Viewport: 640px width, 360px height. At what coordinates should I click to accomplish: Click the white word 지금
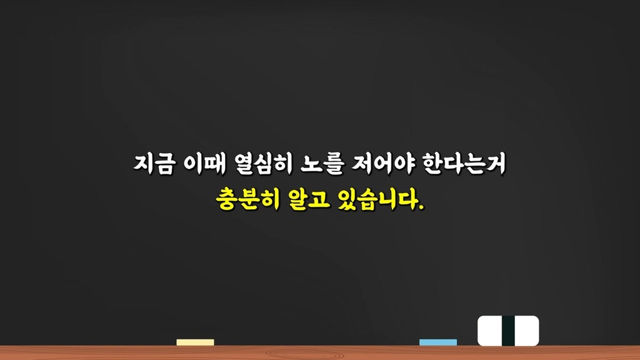point(155,164)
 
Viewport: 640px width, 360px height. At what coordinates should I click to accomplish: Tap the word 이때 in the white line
point(204,164)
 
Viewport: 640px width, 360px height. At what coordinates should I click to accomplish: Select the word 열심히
point(264,164)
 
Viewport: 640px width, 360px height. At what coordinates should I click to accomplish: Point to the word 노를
point(322,164)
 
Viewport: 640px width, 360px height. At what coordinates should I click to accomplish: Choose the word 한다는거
point(464,164)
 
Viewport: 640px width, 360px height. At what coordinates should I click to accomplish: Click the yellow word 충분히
point(248,199)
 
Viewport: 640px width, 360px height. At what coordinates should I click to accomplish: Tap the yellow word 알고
point(309,199)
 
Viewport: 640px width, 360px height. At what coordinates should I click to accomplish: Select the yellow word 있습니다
point(378,199)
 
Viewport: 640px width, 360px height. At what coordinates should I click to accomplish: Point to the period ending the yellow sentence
point(422,207)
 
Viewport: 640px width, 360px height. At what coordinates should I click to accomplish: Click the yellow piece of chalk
point(195,342)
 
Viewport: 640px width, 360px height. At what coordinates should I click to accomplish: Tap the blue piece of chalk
point(438,342)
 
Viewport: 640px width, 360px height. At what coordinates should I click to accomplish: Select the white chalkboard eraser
point(508,331)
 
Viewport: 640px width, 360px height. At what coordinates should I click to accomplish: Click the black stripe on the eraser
point(508,331)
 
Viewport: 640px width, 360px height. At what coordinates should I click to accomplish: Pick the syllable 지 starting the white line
point(144,164)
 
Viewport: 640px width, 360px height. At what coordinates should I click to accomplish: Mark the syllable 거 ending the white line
point(496,164)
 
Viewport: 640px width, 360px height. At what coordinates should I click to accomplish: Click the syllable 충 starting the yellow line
point(226,199)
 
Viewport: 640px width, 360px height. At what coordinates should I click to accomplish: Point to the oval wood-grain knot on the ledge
point(304,354)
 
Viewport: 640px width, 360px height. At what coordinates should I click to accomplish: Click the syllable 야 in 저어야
point(404,164)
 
